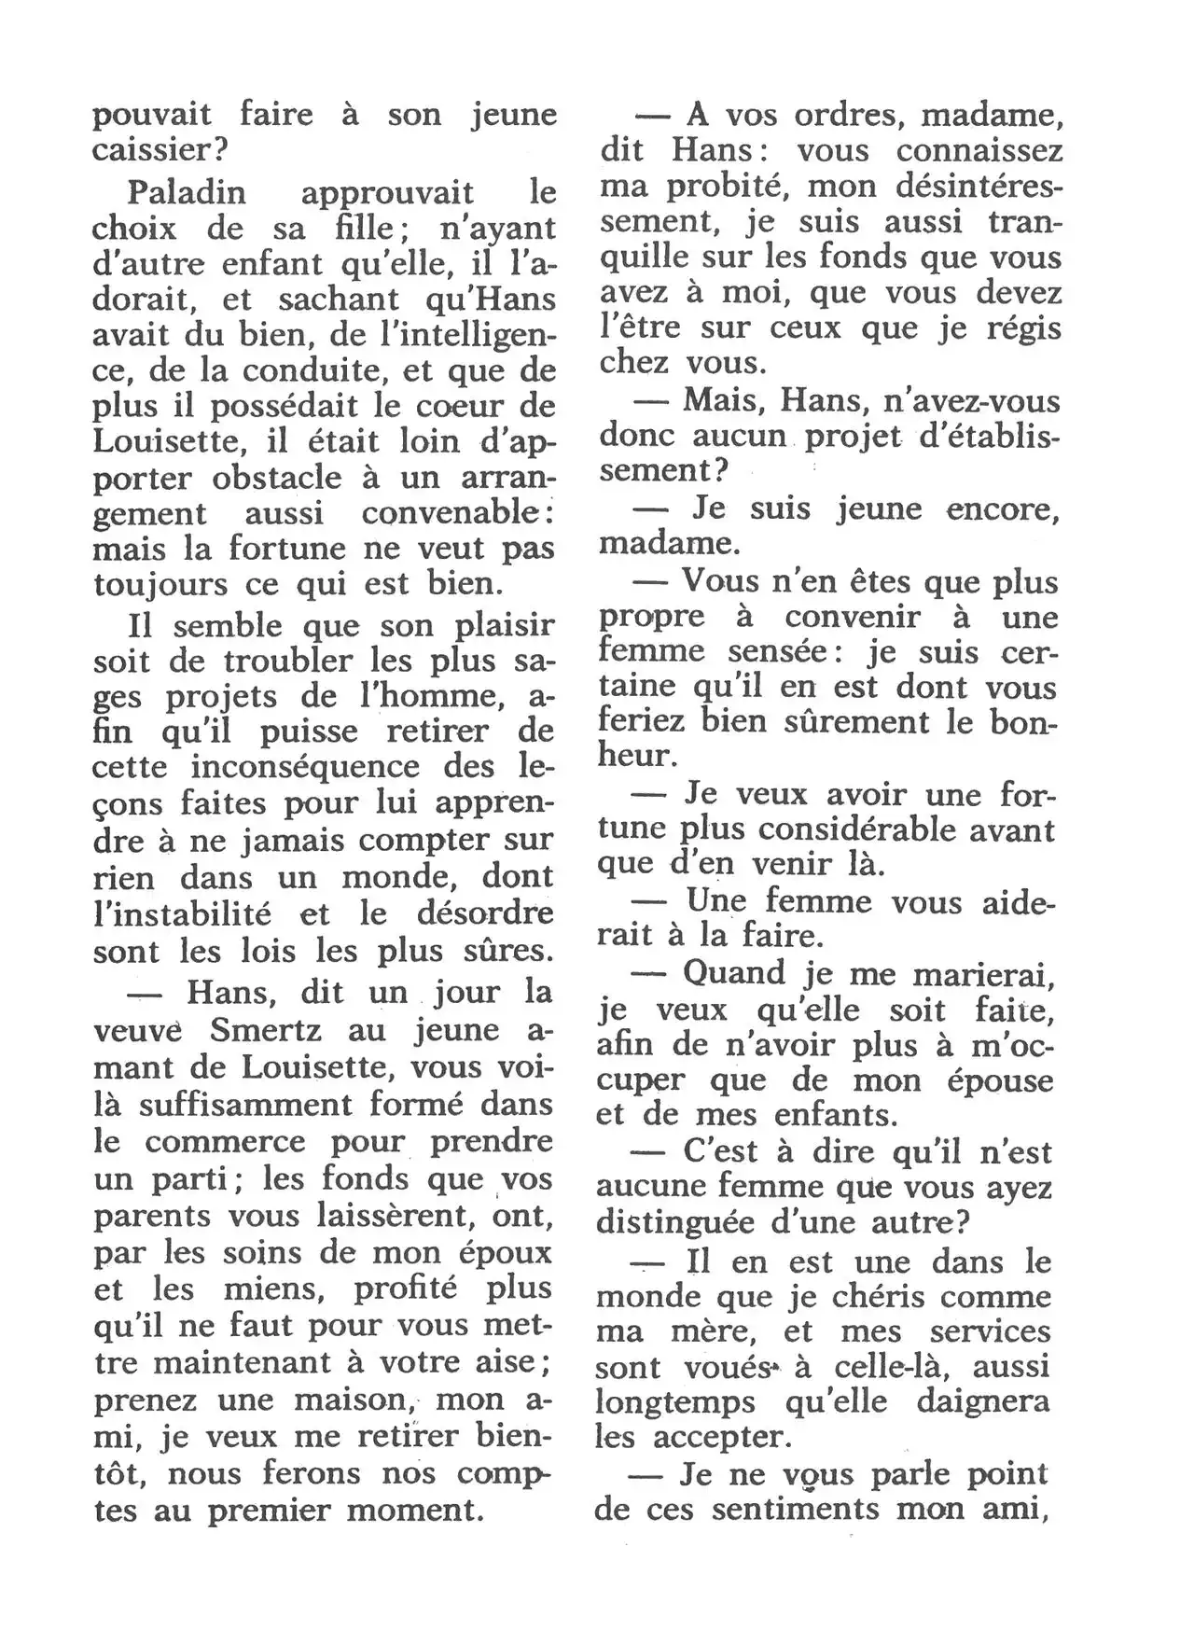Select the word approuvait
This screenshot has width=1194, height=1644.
(387, 192)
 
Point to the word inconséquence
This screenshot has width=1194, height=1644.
(319, 767)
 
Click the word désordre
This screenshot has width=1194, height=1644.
(484, 913)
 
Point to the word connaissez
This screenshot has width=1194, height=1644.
(979, 150)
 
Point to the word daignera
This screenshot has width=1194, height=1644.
(983, 1402)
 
